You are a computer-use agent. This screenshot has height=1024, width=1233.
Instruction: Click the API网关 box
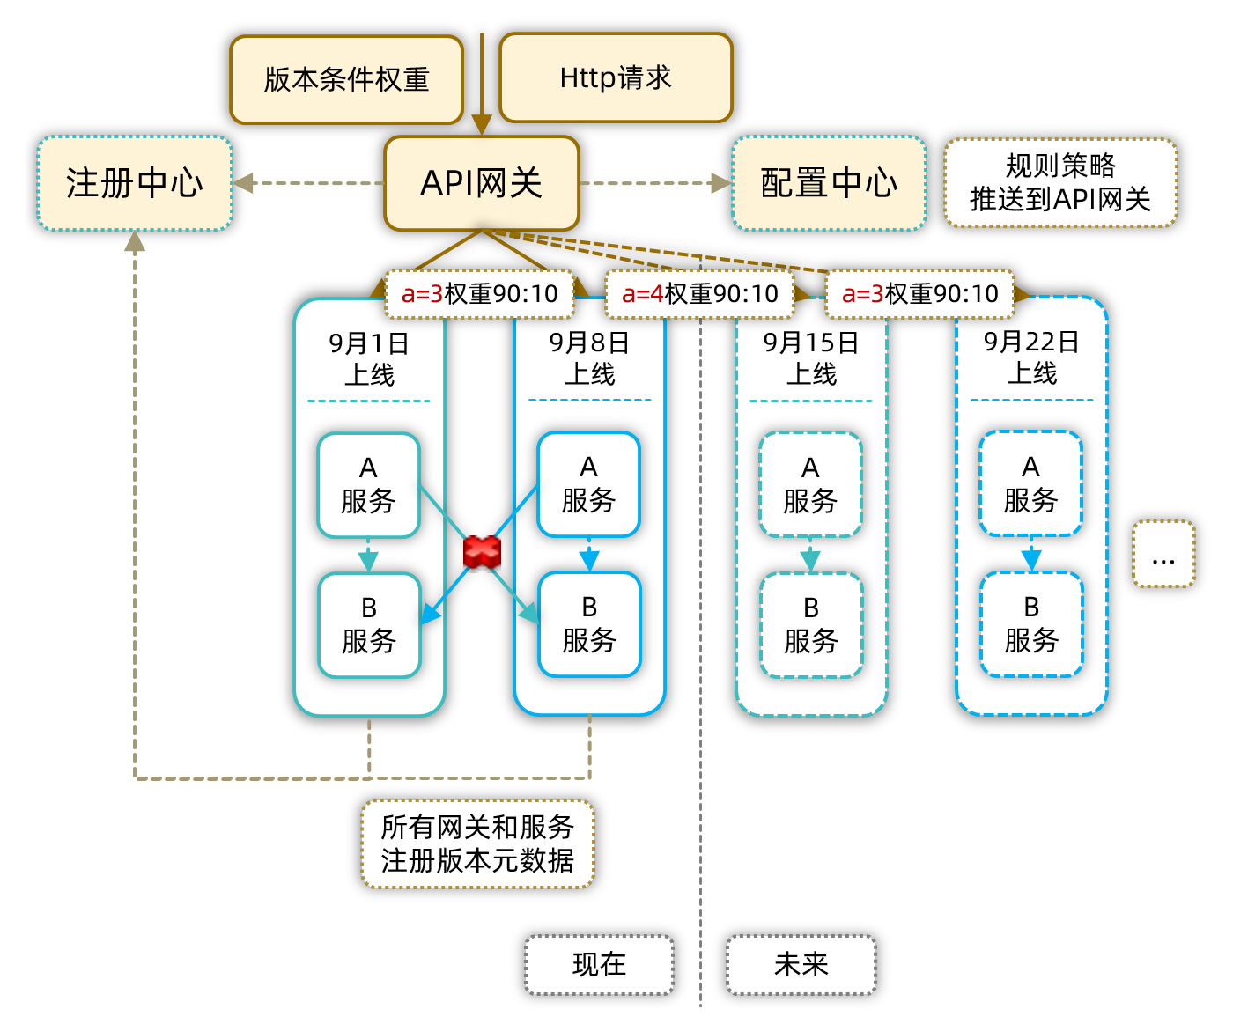[x=482, y=183]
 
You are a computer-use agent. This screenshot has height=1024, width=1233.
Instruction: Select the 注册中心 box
[x=135, y=183]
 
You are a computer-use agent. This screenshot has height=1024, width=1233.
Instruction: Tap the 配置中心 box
[x=829, y=183]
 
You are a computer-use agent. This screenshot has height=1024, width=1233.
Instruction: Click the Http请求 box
[x=616, y=78]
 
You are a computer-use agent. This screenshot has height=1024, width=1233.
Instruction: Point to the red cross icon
[x=482, y=552]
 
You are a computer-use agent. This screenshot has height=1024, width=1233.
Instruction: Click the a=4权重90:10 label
[x=700, y=294]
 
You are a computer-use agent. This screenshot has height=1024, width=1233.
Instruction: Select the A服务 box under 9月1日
[x=368, y=485]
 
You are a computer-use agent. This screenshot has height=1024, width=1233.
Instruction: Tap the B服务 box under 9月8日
[x=589, y=624]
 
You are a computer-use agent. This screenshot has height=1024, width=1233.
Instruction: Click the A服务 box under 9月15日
[x=810, y=485]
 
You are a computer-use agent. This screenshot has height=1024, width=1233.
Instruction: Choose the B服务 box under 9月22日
[x=1031, y=624]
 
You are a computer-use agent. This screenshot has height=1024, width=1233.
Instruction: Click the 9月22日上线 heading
[x=1031, y=357]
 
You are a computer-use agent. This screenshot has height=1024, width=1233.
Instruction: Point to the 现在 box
[x=599, y=965]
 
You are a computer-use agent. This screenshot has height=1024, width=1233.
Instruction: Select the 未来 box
[x=801, y=965]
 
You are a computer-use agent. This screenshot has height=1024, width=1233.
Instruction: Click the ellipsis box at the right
[x=1163, y=554]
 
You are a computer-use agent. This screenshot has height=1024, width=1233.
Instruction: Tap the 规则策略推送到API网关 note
[x=1060, y=183]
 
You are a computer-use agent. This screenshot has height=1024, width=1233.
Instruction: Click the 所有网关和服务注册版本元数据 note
[x=477, y=844]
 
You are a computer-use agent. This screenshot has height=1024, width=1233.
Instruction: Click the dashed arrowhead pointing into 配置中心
[x=721, y=183]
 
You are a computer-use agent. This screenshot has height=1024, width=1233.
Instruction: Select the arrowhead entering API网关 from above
[x=482, y=125]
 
